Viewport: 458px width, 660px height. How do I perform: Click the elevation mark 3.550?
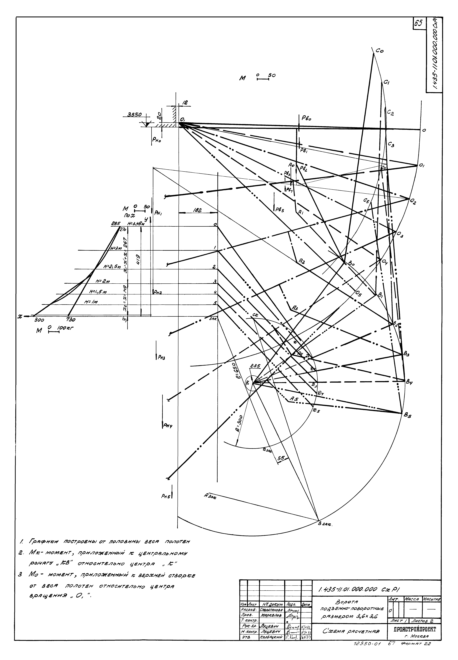(x=133, y=114)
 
